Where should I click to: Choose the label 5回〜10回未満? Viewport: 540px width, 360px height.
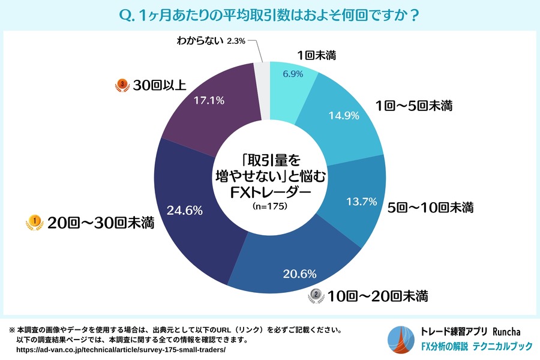coord(430,208)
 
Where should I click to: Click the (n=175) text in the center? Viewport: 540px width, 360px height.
coord(270,205)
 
